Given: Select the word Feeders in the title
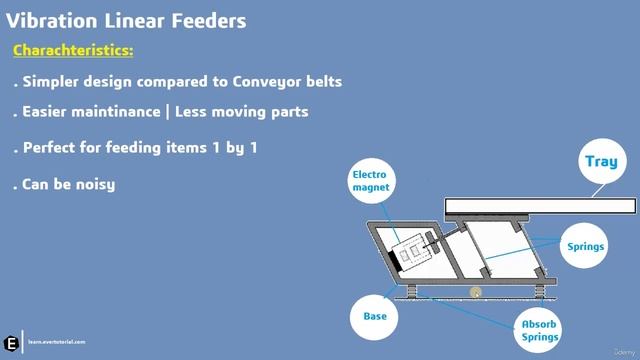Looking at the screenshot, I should [205, 20].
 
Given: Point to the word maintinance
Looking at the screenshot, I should [123, 113].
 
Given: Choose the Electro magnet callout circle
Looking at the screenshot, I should [368, 181].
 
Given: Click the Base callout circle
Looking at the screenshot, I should [374, 316].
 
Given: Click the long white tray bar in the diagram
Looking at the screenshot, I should [540, 206].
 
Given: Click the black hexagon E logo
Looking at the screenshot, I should [11, 339].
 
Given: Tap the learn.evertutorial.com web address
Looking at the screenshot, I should [57, 342].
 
